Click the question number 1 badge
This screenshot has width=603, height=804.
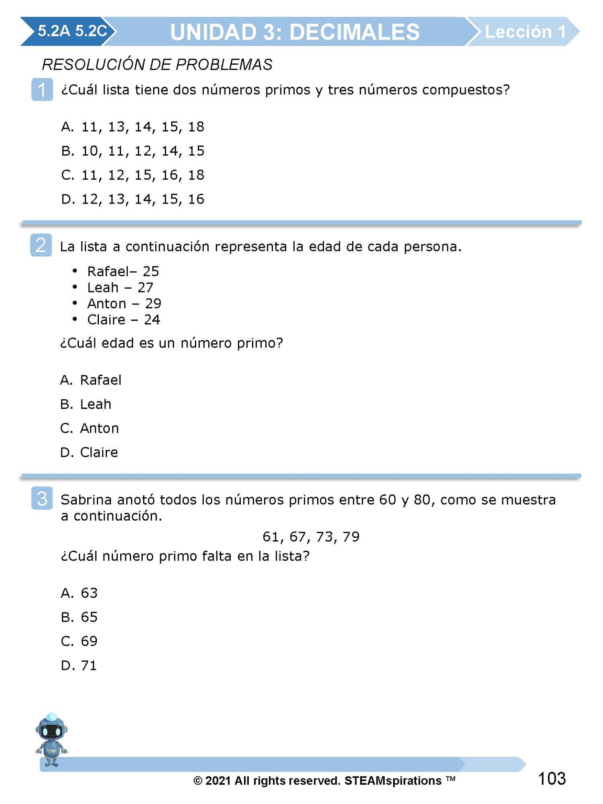pyautogui.click(x=42, y=89)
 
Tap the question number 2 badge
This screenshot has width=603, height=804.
pyautogui.click(x=41, y=245)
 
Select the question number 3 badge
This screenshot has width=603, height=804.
pyautogui.click(x=42, y=498)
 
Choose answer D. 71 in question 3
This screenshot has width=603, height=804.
pyautogui.click(x=79, y=665)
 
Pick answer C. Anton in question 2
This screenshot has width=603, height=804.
pyautogui.click(x=90, y=428)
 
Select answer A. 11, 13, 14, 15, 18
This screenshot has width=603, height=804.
pyautogui.click(x=133, y=126)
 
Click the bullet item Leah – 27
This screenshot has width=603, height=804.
pyautogui.click(x=120, y=287)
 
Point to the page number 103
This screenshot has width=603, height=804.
pyautogui.click(x=552, y=779)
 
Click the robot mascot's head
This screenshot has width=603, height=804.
pyautogui.click(x=51, y=730)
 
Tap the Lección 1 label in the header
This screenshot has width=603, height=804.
pyautogui.click(x=525, y=32)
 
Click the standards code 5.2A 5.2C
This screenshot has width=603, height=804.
pyautogui.click(x=72, y=31)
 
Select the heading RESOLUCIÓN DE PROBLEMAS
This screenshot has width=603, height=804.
pyautogui.click(x=157, y=65)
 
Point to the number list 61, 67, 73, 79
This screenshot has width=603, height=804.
pyautogui.click(x=311, y=537)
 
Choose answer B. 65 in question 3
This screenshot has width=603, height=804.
pyautogui.click(x=79, y=617)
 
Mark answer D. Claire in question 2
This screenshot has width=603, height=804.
pyautogui.click(x=89, y=452)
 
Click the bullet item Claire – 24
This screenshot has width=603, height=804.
pyautogui.click(x=124, y=320)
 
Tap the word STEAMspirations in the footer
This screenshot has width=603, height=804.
pyautogui.click(x=393, y=781)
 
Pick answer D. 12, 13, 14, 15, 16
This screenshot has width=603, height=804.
pyautogui.click(x=133, y=199)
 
